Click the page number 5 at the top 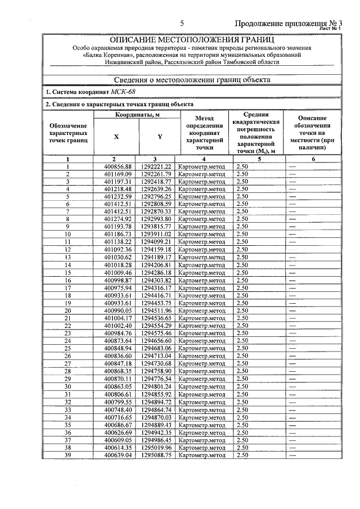pyautogui.click(x=182, y=23)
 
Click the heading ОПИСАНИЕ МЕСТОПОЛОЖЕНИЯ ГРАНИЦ pyautogui.click(x=191, y=40)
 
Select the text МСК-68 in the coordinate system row pyautogui.click(x=123, y=92)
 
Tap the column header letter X pyautogui.click(x=116, y=137)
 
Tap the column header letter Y pyautogui.click(x=160, y=137)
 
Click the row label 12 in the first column pyautogui.click(x=67, y=249)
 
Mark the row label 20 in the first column pyautogui.click(x=67, y=310)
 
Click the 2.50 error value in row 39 pyautogui.click(x=242, y=454)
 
